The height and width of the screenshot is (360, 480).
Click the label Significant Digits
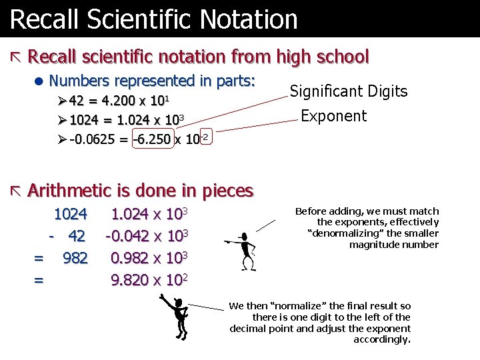(x=349, y=91)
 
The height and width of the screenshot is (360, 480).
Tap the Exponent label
(x=333, y=116)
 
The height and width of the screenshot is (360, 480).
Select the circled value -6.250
(x=153, y=140)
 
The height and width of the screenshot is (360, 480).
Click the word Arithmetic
(x=69, y=191)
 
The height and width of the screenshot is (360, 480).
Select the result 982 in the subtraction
(x=75, y=258)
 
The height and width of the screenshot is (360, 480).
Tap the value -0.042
(x=127, y=237)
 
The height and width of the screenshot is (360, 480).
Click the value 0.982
(x=130, y=258)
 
